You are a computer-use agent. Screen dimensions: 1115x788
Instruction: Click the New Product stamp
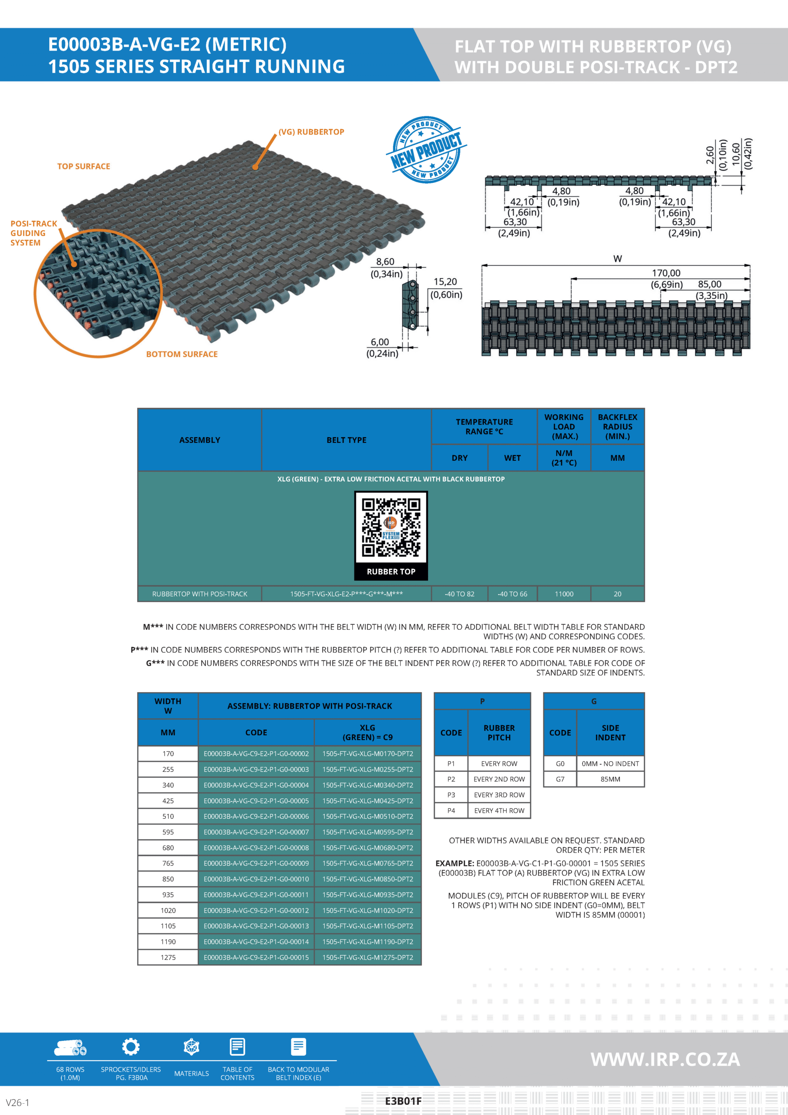point(426,150)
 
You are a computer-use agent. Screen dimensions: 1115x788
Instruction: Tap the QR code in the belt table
point(391,527)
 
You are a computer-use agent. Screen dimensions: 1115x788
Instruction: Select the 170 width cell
point(168,753)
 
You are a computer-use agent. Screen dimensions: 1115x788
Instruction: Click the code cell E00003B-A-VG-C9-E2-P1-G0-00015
point(256,957)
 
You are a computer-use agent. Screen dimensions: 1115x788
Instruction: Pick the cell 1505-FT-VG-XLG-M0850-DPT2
point(367,879)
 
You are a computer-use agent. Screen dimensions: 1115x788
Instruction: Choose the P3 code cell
point(451,795)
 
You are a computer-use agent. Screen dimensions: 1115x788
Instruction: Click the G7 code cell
point(560,779)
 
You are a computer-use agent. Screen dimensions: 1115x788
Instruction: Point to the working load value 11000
point(564,594)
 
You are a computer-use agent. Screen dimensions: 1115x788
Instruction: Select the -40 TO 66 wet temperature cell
point(512,594)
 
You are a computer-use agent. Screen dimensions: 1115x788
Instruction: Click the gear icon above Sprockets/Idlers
point(131,1047)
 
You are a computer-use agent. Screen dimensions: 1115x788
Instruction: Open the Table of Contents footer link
point(237,1073)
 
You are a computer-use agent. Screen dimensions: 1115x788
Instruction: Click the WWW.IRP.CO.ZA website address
point(665,1059)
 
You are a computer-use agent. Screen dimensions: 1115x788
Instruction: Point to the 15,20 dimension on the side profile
point(445,282)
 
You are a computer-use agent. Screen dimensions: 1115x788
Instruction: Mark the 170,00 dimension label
point(666,274)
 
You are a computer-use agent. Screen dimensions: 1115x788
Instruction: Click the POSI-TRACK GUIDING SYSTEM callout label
point(34,233)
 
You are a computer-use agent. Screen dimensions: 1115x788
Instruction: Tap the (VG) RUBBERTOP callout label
point(311,132)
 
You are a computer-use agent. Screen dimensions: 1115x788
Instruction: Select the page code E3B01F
point(403,1101)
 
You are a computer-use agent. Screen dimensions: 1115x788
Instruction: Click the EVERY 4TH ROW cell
point(499,811)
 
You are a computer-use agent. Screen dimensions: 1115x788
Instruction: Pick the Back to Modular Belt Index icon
point(298,1047)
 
